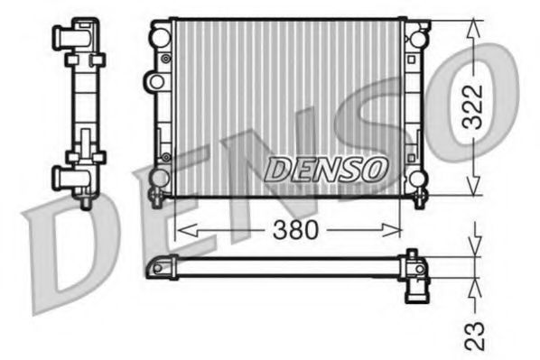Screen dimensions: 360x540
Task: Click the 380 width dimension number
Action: coord(295,230)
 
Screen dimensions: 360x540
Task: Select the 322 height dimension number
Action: coord(473,107)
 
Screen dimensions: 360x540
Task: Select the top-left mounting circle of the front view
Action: coord(160,38)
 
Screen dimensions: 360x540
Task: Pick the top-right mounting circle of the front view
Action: coord(417,39)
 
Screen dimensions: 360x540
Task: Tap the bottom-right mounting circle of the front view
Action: coord(417,177)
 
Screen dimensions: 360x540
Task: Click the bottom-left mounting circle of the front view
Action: coord(160,177)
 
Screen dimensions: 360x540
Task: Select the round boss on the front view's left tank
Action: coord(157,82)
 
